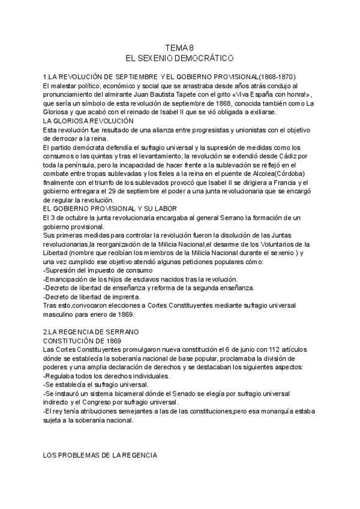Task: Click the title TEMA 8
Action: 179,48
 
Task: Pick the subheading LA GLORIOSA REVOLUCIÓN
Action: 88,121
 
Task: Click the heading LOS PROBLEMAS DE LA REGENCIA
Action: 100,456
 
